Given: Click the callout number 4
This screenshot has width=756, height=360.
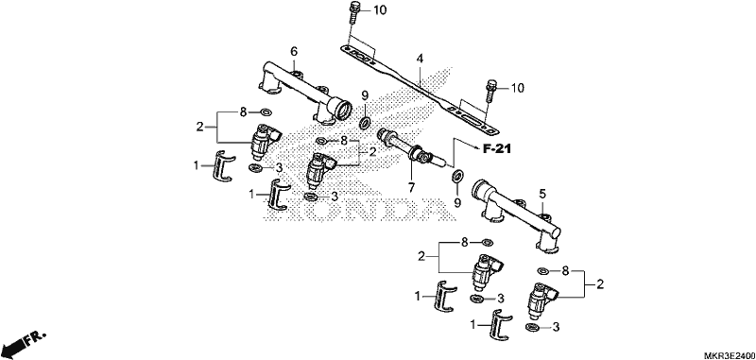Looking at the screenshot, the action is [420, 59].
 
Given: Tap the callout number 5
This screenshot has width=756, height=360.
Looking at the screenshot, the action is [542, 195].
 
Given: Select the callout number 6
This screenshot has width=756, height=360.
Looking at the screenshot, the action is [294, 51].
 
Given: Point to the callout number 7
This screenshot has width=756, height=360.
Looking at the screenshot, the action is [411, 187].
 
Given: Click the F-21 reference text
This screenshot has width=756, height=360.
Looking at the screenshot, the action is [497, 149].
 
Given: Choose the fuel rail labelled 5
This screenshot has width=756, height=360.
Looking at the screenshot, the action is [516, 213].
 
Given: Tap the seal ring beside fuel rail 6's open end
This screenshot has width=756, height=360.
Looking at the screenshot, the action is [365, 123].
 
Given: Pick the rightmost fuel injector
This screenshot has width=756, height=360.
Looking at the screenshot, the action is [543, 300].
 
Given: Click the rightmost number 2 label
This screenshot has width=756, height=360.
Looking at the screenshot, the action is [600, 284].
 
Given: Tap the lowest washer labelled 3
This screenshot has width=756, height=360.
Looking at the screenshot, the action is [532, 328].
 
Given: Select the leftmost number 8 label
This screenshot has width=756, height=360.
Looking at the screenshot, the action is [243, 112].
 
